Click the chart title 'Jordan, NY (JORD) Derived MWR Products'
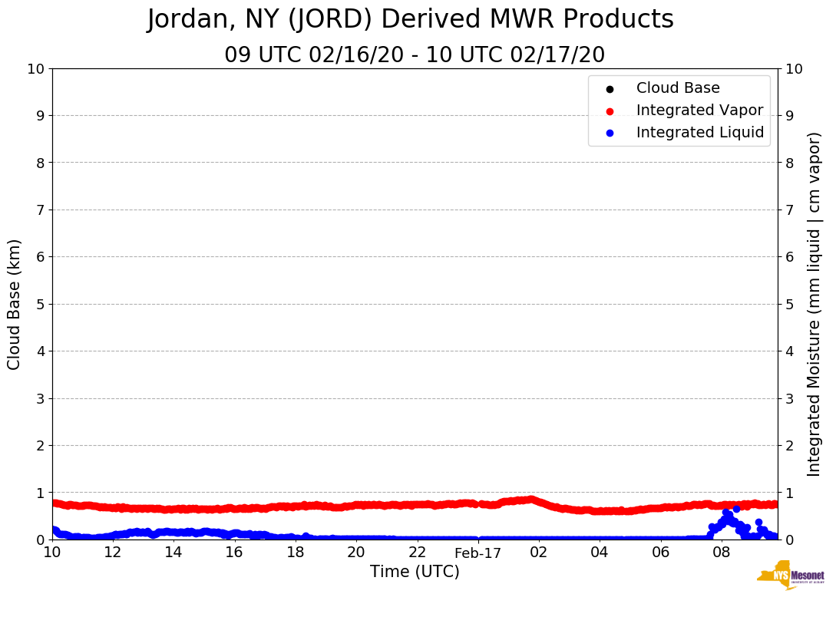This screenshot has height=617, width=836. point(410,19)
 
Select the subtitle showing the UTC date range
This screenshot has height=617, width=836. point(415,55)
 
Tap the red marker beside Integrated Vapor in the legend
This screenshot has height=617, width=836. point(610,111)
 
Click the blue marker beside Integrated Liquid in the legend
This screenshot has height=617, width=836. point(610,133)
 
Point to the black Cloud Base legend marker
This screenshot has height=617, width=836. point(610,88)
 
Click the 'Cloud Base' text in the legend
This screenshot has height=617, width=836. point(678,88)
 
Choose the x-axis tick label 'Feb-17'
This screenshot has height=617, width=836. point(477,553)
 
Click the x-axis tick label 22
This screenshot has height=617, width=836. point(417,552)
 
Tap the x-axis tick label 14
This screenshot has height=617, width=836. point(173,552)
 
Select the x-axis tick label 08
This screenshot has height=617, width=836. point(721,552)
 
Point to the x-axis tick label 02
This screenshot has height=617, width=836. point(538,552)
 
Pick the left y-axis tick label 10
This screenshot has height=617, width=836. point(35,68)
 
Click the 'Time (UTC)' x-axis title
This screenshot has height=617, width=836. point(415,572)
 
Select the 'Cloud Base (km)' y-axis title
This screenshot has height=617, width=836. point(15,304)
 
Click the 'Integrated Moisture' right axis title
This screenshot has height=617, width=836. point(815,304)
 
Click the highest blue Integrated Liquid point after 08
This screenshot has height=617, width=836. point(736,509)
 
